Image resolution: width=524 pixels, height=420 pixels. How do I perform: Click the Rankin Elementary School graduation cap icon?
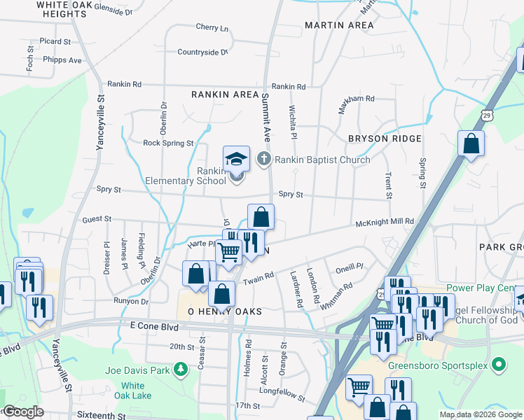(x=237, y=159)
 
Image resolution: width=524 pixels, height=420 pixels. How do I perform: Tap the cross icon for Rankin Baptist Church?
(x=264, y=160)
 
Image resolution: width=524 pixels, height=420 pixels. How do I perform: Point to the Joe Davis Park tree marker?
(x=181, y=369)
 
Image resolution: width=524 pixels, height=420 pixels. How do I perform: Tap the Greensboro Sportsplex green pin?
(x=498, y=364)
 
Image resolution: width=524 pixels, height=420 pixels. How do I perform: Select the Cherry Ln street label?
(x=212, y=28)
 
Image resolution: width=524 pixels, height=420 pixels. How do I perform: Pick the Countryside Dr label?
(x=202, y=52)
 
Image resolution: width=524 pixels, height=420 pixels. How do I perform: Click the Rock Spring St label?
(x=168, y=143)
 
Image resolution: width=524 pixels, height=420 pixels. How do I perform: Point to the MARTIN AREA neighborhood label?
(x=339, y=25)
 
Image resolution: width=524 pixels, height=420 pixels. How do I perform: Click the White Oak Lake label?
(x=132, y=391)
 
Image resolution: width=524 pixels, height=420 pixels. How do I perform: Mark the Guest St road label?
(x=97, y=219)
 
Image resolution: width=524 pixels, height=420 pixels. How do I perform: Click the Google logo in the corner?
(x=23, y=412)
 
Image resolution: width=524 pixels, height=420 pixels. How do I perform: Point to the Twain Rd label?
(x=258, y=279)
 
